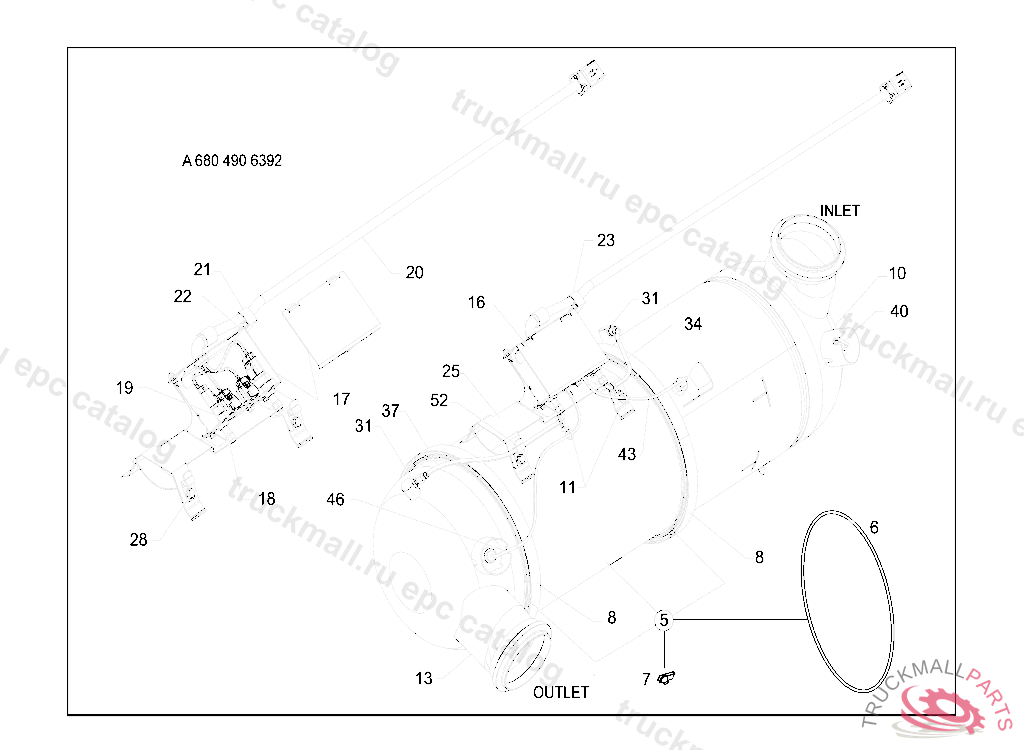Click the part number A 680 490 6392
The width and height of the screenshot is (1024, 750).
pos(232,161)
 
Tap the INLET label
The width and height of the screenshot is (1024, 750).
pos(839,211)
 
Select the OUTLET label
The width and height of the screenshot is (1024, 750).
pos(560,692)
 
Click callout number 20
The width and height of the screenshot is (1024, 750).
pos(414,272)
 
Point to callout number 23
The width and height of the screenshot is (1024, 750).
pos(606,240)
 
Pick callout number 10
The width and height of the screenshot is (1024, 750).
pos(897,273)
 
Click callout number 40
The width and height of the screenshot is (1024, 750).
pos(899,311)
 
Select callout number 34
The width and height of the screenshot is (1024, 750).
pos(693,324)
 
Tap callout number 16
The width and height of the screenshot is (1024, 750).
pos(476,302)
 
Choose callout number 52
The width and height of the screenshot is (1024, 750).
pos(439,400)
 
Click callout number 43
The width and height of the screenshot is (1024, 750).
pos(627,454)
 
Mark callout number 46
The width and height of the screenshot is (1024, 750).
pos(335,499)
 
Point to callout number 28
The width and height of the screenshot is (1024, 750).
pos(138,540)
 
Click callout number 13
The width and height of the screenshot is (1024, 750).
pos(424,678)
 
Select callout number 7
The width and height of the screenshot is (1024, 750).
pos(646,679)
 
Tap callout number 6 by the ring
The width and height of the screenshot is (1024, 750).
pos(874,527)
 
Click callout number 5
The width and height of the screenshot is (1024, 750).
pos(663,621)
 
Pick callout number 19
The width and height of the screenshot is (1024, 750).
pos(124,388)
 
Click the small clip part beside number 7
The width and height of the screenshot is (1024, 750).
pos(667,679)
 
